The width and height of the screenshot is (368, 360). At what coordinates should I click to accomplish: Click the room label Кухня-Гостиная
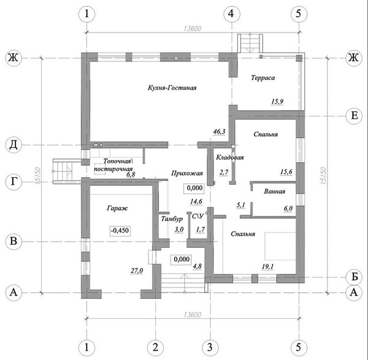point(172,88)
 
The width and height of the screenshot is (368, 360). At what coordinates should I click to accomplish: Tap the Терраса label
point(263,78)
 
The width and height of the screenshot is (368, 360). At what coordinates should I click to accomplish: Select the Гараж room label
point(117,208)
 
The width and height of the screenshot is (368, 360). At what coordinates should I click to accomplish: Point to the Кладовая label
point(230,157)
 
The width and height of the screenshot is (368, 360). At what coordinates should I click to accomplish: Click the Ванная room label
point(274,191)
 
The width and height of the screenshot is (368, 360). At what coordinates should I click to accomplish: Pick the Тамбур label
point(172,219)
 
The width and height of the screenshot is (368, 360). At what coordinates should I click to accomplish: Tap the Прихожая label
point(187,174)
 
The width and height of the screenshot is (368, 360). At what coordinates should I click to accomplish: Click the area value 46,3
point(219,132)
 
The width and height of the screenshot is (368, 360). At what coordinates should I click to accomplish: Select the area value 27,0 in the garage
point(137,271)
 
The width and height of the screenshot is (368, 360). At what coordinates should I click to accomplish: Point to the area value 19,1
point(267,266)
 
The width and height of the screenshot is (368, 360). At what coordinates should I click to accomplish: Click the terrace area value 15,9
point(277,102)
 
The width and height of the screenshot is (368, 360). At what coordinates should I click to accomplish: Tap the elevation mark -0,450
point(120,231)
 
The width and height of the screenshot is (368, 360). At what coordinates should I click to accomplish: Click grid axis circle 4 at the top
point(231,13)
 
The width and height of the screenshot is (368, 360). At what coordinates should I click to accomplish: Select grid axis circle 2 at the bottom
point(155,347)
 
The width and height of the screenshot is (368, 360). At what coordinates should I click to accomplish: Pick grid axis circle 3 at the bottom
point(210,347)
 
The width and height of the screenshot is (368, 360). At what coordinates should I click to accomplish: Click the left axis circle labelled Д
point(13,145)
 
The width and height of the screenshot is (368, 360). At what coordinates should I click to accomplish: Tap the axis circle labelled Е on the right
point(355,116)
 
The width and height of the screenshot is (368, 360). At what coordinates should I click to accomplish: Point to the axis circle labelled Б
point(355,277)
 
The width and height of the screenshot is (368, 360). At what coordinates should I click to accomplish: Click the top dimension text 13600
point(193,29)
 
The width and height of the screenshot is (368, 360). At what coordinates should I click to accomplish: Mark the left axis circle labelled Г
point(13,182)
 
